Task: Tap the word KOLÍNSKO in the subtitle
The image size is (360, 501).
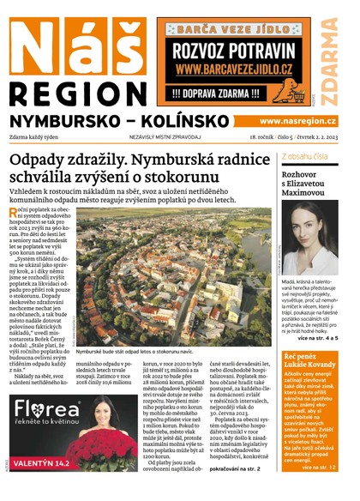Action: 197,121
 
